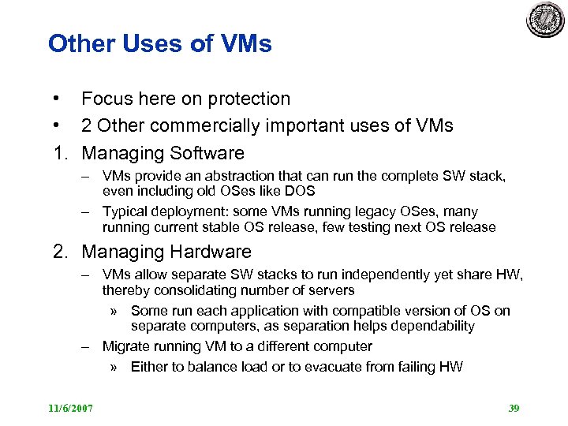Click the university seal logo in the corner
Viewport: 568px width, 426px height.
(546, 19)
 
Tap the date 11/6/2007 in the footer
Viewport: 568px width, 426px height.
(70, 408)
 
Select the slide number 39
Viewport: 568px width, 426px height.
(514, 408)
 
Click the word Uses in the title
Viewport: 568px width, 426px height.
(144, 43)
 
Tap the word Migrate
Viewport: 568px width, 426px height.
(126, 346)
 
